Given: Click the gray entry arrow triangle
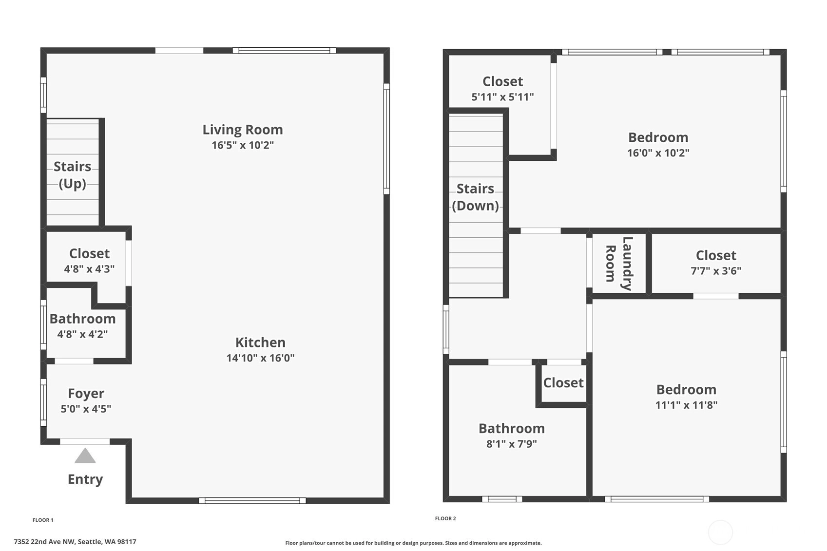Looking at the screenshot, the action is pyautogui.click(x=85, y=456).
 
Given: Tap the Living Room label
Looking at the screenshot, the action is pyautogui.click(x=243, y=130).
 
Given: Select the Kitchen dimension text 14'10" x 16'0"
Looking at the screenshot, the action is pyautogui.click(x=260, y=358).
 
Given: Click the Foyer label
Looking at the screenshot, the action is pyautogui.click(x=86, y=394).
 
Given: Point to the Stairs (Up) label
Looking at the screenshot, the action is pyautogui.click(x=72, y=175).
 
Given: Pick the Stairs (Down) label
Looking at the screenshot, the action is pyautogui.click(x=475, y=197).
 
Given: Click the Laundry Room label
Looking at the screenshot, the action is pyautogui.click(x=619, y=264).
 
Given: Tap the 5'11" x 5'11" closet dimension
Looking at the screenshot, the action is pyautogui.click(x=502, y=97).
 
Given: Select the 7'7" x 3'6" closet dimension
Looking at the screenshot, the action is pyautogui.click(x=716, y=271).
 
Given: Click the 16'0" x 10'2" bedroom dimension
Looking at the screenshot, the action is pyautogui.click(x=658, y=153).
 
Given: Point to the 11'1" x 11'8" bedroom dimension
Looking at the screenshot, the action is pyautogui.click(x=686, y=405).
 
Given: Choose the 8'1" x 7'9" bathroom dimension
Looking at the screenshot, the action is pyautogui.click(x=511, y=444).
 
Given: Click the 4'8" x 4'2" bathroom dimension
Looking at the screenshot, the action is pyautogui.click(x=82, y=334).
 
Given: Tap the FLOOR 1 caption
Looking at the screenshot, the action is pyautogui.click(x=43, y=520).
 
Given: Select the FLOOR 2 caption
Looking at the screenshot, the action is pyautogui.click(x=445, y=518).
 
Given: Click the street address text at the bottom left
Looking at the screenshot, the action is pyautogui.click(x=75, y=542).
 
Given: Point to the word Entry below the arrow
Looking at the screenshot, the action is pyautogui.click(x=85, y=479).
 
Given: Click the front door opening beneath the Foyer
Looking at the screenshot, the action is pyautogui.click(x=85, y=441).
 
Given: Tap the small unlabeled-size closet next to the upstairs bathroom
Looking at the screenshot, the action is pyautogui.click(x=563, y=383).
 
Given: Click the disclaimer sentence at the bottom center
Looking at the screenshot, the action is pyautogui.click(x=413, y=543).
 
